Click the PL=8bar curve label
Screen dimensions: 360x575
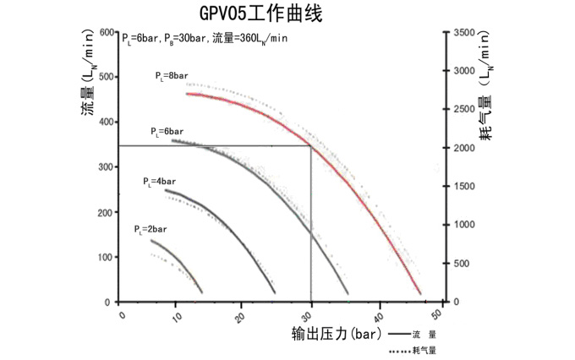[x=171, y=76]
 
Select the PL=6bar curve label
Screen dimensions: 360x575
[x=167, y=132]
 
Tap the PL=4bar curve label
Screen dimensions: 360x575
[x=159, y=182]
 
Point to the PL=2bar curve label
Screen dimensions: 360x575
[x=151, y=229]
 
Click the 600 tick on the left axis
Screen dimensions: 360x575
[x=106, y=32]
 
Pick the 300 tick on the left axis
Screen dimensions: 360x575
[x=106, y=167]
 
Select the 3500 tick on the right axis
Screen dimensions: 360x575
[x=465, y=32]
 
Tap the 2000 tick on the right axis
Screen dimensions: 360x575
[x=465, y=148]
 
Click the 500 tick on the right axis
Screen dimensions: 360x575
[x=463, y=264]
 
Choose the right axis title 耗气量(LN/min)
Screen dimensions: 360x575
[x=485, y=93]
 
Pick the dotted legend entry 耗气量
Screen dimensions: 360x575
[x=413, y=349]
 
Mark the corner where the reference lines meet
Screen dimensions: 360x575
[x=311, y=146]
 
